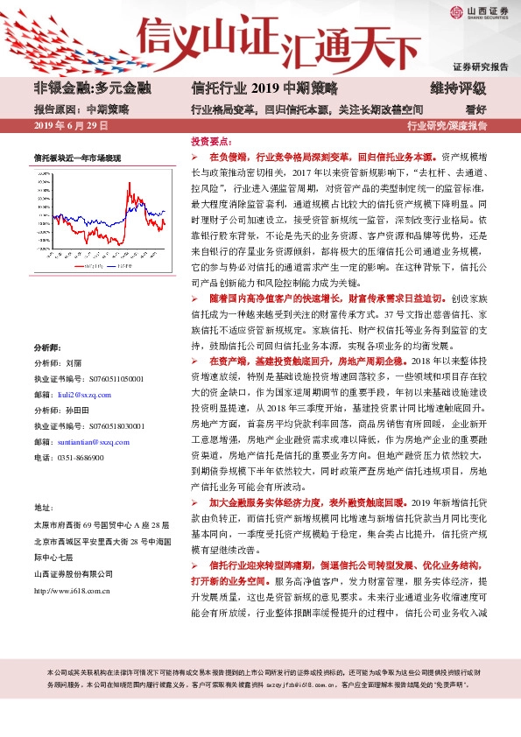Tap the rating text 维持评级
[457, 88]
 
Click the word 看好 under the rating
[476, 109]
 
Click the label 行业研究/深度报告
[447, 126]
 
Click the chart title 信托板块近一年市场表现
[77, 158]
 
